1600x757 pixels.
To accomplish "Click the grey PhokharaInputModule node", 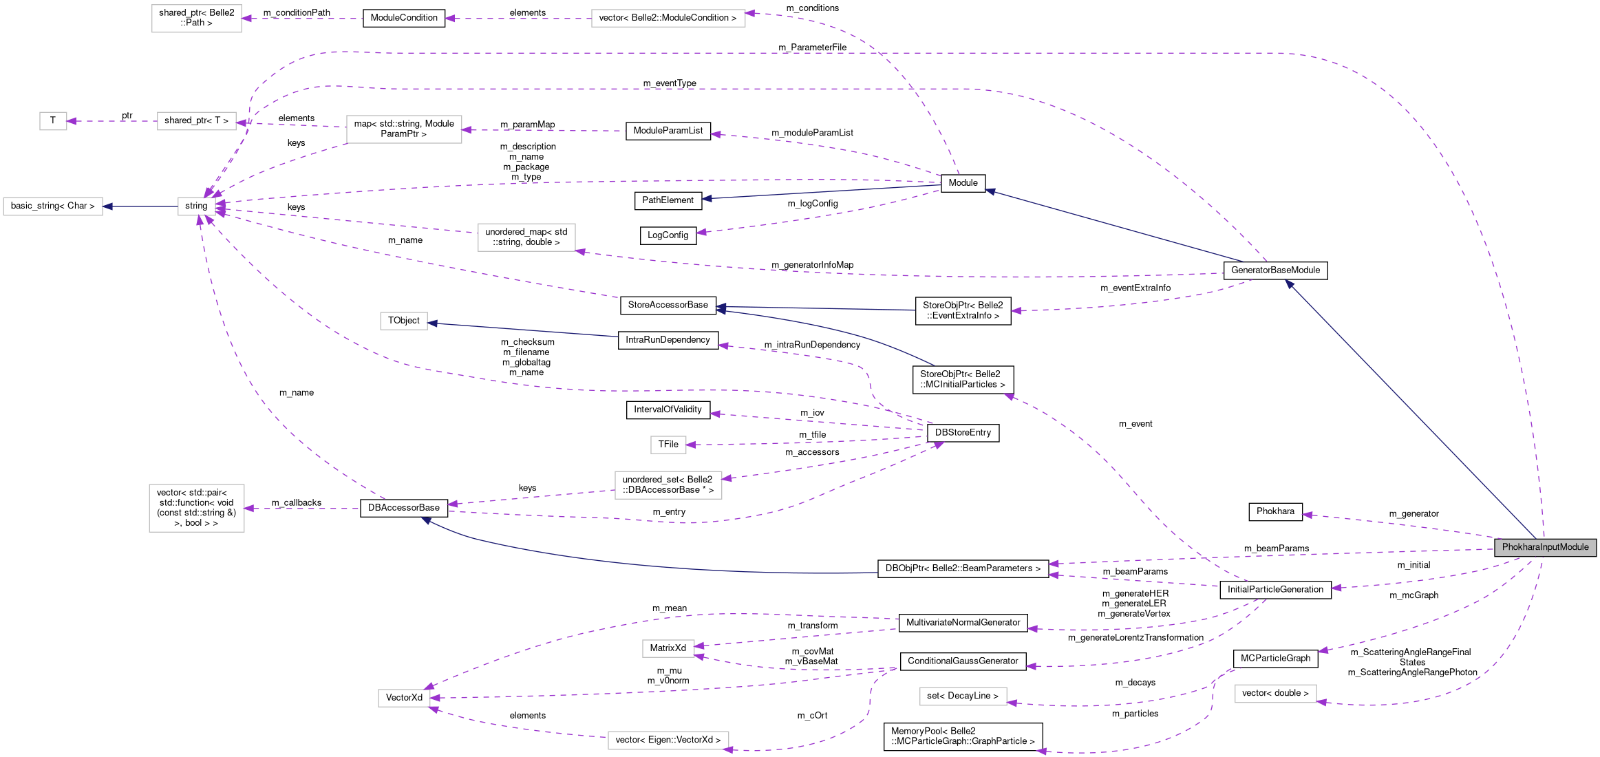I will click(x=1545, y=547).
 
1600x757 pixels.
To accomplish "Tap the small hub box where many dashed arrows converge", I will click(x=196, y=206).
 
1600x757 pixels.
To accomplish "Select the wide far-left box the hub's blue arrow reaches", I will click(x=53, y=206).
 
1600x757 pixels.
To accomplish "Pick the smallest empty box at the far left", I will click(x=53, y=121).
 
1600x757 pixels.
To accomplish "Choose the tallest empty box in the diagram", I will click(x=197, y=508).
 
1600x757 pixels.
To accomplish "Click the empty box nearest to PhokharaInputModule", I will click(x=1275, y=694).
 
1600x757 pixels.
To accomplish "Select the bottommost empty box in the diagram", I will click(x=668, y=740).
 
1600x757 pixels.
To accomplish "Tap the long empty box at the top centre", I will click(x=668, y=19).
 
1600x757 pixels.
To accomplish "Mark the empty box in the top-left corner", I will click(x=197, y=19).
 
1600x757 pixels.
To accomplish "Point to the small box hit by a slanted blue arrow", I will click(x=404, y=321).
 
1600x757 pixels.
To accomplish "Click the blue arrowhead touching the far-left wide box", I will click(x=107, y=206).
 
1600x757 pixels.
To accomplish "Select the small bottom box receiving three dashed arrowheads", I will click(x=404, y=698).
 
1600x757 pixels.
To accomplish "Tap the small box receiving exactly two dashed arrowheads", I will click(x=668, y=648).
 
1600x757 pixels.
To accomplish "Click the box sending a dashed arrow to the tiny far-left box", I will click(x=197, y=121).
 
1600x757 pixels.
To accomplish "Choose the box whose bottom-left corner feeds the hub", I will click(x=404, y=129).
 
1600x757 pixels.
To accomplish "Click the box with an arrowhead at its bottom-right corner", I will click(x=526, y=237).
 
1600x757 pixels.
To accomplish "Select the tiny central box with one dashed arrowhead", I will click(x=668, y=445).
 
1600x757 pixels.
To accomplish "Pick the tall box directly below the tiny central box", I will click(x=668, y=485).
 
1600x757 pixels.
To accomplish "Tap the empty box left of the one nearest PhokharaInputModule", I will click(x=963, y=696).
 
